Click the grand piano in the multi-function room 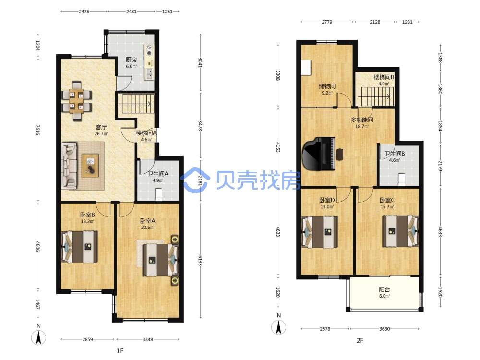(318, 154)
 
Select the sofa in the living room (69, 165)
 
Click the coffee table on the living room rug (90, 165)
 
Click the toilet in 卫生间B (402, 180)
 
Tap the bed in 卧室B (80, 246)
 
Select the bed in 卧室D (320, 232)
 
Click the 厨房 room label (132, 60)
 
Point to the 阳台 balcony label (384, 289)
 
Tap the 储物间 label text (327, 86)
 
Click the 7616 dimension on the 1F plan (37, 130)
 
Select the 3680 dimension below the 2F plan (384, 329)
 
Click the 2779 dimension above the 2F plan (327, 22)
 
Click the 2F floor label (360, 340)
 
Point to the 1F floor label (120, 351)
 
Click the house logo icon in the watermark (195, 180)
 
